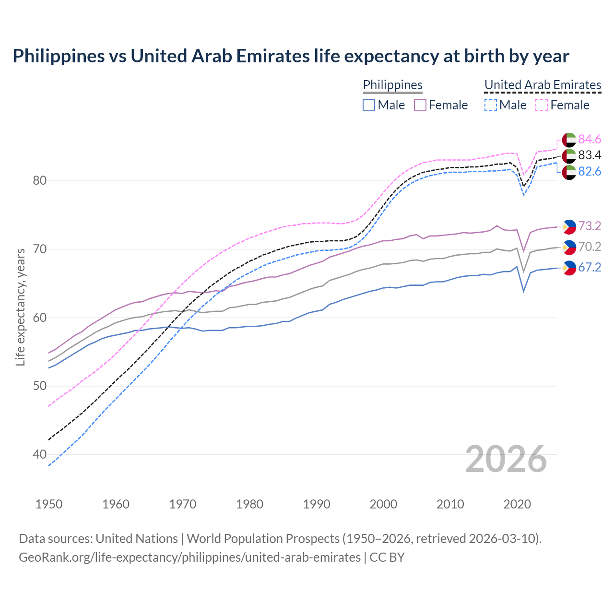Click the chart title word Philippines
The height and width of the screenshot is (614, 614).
(59, 56)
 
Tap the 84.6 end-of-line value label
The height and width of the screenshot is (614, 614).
(590, 139)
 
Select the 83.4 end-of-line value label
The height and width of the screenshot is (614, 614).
(590, 155)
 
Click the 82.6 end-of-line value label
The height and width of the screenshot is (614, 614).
(590, 171)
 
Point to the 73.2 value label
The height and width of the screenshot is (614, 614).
(590, 226)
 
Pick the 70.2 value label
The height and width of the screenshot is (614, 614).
(590, 247)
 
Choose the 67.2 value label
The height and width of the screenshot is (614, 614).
(590, 267)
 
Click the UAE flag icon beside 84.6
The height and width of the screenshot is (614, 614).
(569, 140)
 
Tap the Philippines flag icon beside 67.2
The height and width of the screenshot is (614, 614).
(569, 268)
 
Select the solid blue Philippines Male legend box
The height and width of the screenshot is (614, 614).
(369, 105)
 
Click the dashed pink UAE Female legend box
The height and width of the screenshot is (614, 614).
(542, 105)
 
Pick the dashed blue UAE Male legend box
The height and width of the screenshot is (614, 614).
(490, 105)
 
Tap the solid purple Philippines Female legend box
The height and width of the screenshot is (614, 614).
(420, 105)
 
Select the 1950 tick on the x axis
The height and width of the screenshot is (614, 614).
(49, 504)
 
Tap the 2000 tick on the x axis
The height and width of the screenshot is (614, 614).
(383, 504)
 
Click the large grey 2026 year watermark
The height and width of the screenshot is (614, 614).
(506, 459)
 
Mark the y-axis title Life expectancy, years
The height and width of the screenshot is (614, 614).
(21, 307)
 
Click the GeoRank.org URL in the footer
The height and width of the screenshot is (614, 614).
(189, 557)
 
